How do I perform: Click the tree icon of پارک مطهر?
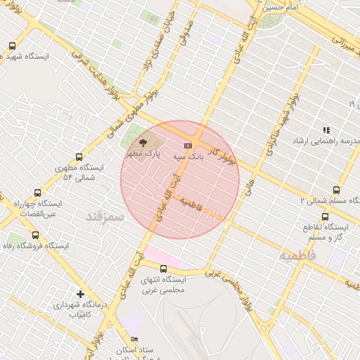point(142,142)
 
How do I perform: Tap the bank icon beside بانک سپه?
point(187,146)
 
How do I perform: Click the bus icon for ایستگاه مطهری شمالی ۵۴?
point(78,157)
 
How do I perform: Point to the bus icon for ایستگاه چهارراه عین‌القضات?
point(37,192)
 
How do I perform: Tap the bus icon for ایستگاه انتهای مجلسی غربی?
point(163,269)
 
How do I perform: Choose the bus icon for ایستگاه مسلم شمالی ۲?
point(336,190)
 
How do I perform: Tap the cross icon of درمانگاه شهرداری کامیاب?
point(81,293)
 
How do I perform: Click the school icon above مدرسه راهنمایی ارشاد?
point(326,130)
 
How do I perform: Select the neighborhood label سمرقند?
point(104,215)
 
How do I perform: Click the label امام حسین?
point(283,8)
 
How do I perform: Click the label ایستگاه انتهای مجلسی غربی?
point(163,285)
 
